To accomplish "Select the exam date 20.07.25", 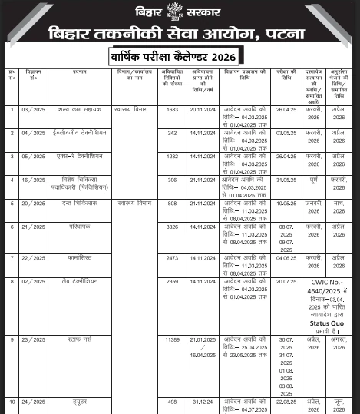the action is tap(286, 281).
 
